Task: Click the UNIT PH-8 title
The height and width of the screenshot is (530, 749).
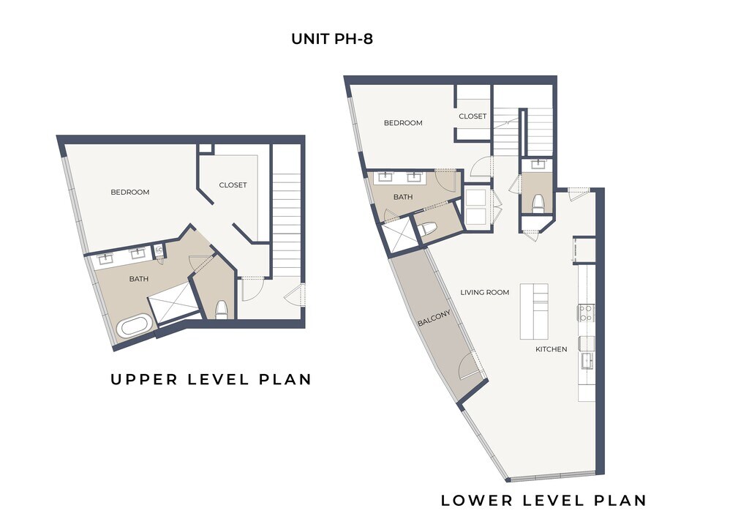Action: tap(332, 39)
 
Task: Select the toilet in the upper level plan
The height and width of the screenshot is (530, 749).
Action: tap(222, 310)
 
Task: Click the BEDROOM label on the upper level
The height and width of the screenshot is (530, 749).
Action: tap(130, 192)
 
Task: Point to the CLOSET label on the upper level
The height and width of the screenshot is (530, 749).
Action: tap(233, 185)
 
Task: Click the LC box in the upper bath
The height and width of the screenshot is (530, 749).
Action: tap(159, 250)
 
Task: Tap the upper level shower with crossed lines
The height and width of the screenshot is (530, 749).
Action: tap(173, 303)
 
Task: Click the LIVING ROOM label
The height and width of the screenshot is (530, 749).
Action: tap(485, 293)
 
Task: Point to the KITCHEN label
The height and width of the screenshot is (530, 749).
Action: tap(552, 349)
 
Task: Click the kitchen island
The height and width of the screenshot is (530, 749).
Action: tap(534, 312)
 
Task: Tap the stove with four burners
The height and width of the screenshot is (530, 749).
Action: tap(587, 313)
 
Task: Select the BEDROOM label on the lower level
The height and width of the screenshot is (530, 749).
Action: tap(403, 123)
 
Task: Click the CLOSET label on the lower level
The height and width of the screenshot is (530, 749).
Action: tap(473, 116)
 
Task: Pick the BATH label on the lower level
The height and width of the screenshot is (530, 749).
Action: tap(403, 197)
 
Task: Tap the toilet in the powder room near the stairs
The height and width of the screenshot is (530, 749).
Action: tap(538, 203)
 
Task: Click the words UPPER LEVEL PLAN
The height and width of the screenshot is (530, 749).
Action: tap(211, 379)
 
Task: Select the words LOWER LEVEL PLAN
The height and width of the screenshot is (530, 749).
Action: tap(543, 501)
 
